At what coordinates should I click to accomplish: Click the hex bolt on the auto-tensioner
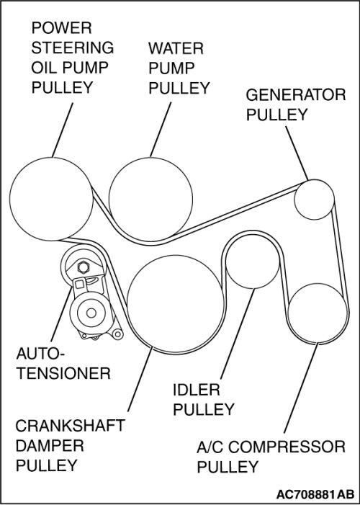84,267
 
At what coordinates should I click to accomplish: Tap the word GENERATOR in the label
296,95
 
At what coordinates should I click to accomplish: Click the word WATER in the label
176,49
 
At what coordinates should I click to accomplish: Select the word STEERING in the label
73,48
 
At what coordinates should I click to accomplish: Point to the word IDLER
197,390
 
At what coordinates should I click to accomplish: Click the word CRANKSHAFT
70,426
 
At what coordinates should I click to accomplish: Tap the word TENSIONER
63,374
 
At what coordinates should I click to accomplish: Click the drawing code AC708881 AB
315,493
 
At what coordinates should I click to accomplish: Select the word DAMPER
50,446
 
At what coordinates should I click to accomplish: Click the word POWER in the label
61,28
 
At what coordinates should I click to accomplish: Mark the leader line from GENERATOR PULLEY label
297,153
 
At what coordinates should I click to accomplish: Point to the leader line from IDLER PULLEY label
238,334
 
